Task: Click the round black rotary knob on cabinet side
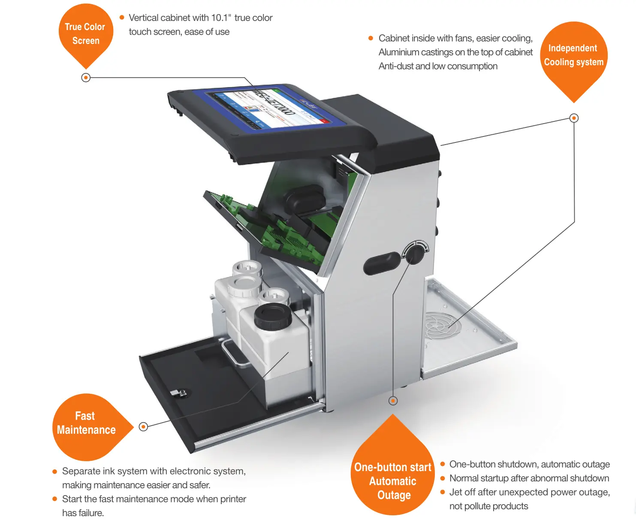415,254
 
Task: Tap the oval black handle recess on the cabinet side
382,263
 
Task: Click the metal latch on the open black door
178,393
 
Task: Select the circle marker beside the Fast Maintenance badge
143,426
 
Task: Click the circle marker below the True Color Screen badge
86,78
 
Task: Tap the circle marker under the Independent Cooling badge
574,118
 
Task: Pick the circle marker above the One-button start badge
393,401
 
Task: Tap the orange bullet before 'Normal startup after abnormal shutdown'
443,478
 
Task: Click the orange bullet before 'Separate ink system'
54,472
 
